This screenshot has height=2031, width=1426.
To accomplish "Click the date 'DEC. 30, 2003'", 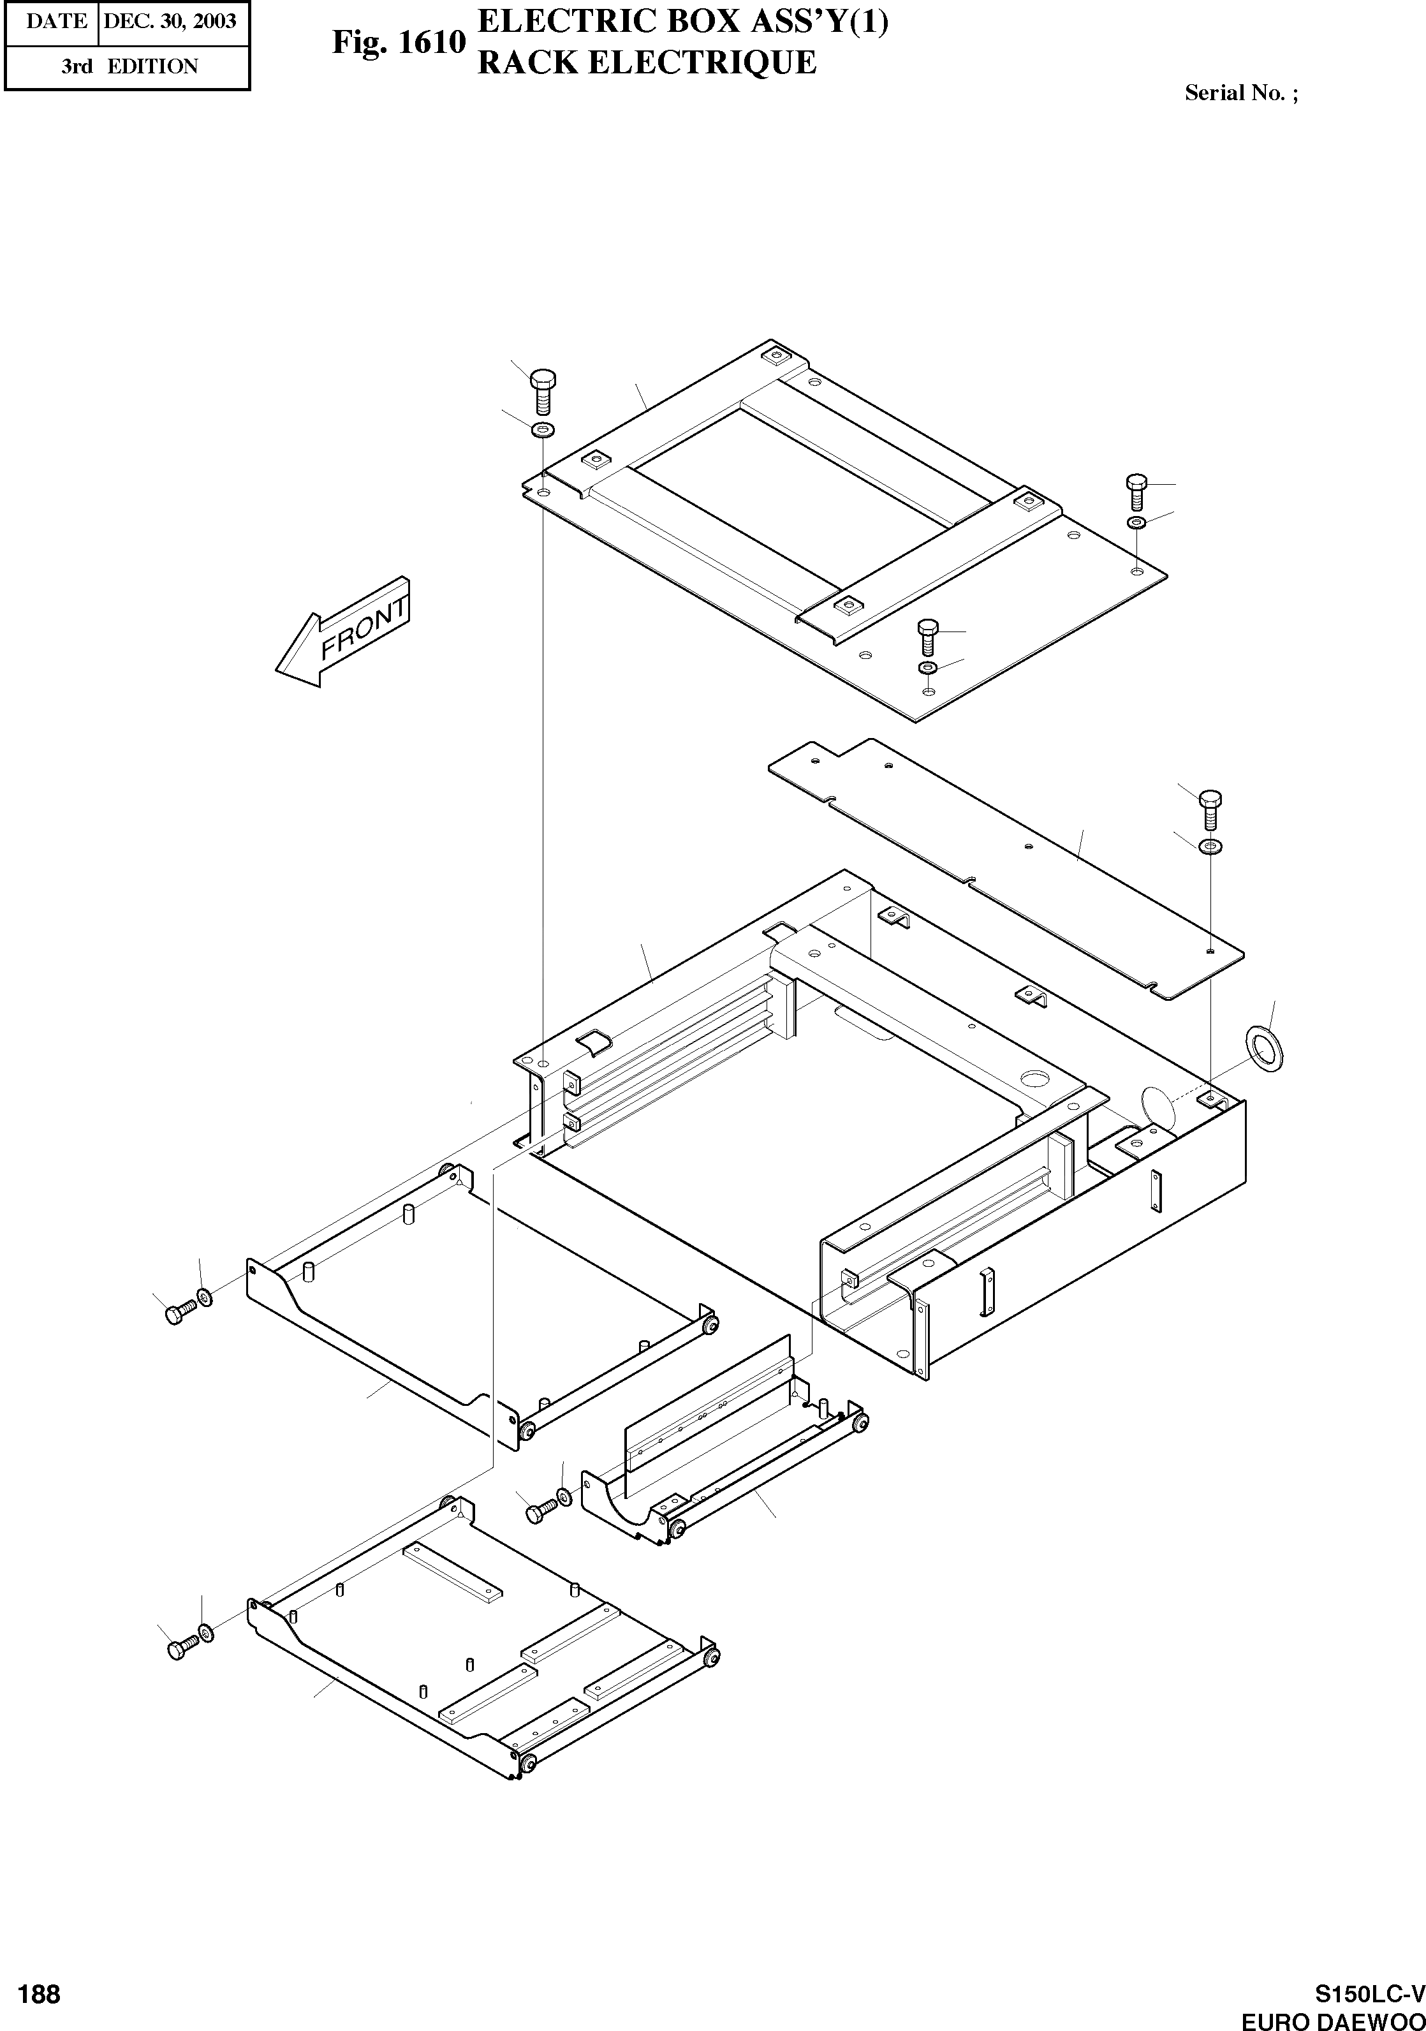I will point(170,20).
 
